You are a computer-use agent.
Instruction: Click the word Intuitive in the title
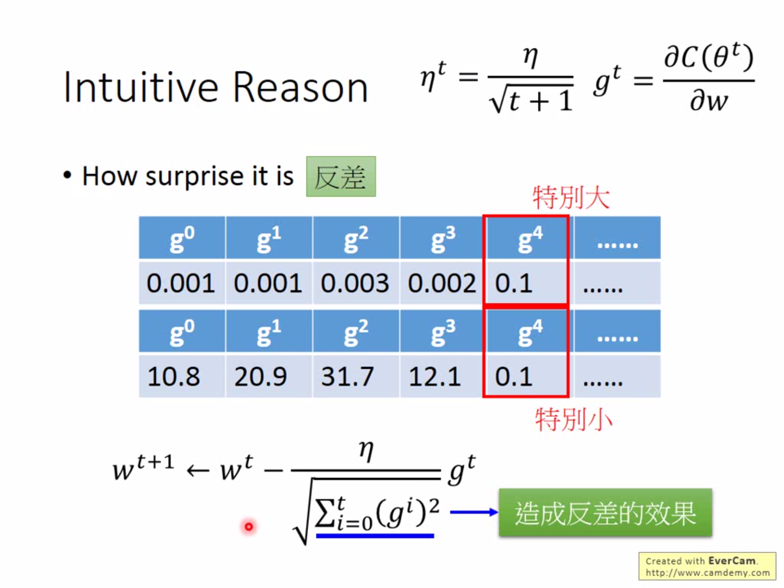(x=141, y=88)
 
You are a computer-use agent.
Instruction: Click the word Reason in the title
(x=301, y=88)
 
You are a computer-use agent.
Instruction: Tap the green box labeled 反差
(x=341, y=176)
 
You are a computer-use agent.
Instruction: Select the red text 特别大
(x=571, y=198)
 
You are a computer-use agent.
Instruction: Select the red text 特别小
(x=573, y=420)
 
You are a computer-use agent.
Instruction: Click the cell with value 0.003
(x=355, y=283)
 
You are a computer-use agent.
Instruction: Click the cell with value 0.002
(x=441, y=283)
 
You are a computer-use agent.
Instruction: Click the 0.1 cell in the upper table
(x=525, y=283)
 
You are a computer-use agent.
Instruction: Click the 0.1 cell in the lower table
(x=525, y=377)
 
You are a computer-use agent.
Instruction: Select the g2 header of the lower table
(x=356, y=332)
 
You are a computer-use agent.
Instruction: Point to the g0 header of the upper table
(x=182, y=238)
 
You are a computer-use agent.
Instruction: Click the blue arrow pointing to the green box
(x=474, y=512)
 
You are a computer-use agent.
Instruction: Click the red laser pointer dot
(x=249, y=527)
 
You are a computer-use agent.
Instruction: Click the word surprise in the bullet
(x=194, y=176)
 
